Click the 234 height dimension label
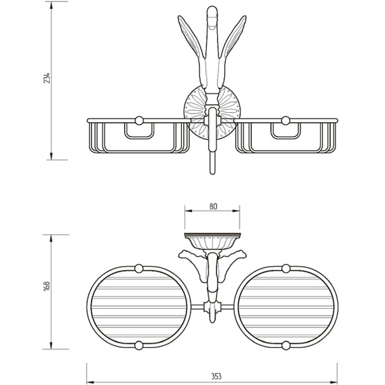tap(46, 78)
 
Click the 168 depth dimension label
tap(46, 286)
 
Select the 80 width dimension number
tap(213, 206)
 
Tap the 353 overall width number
tap(216, 376)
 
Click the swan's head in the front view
tap(212, 15)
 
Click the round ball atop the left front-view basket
tap(139, 121)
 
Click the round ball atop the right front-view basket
tap(285, 121)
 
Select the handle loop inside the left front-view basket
tap(139, 137)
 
